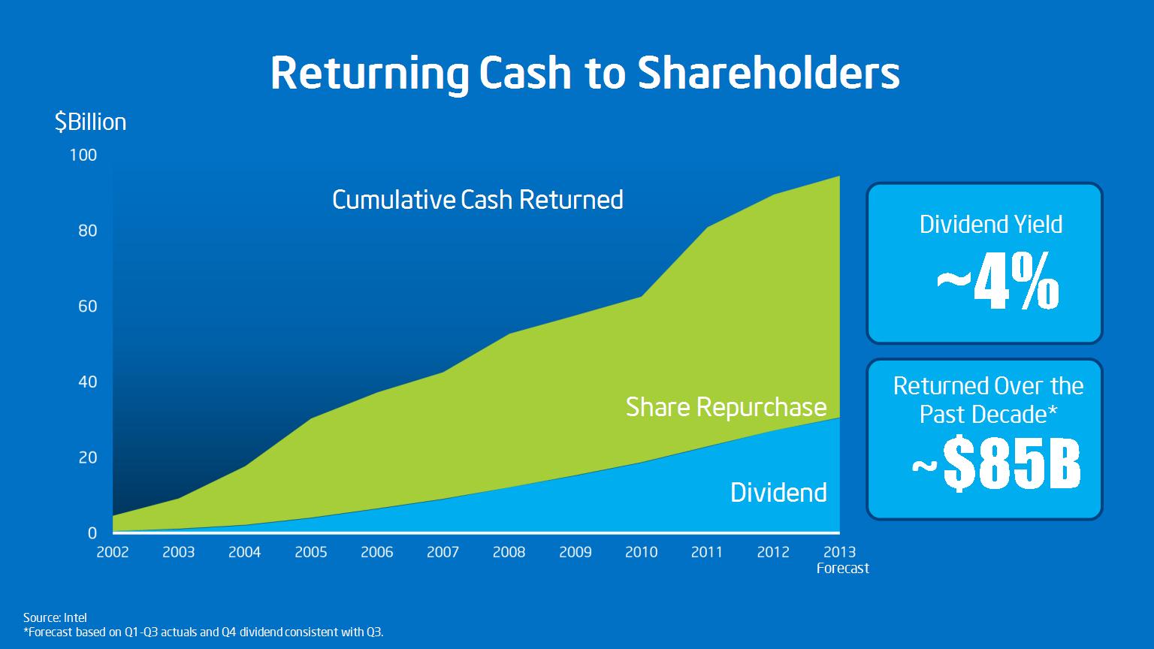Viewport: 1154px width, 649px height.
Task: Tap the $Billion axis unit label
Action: click(x=90, y=122)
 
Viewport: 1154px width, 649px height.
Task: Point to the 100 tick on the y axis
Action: click(x=83, y=155)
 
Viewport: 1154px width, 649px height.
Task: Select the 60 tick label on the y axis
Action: click(x=88, y=306)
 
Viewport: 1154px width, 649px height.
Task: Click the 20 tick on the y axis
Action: click(x=88, y=457)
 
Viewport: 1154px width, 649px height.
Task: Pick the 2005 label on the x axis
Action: click(x=310, y=552)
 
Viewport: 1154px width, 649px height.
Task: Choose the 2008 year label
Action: click(x=509, y=552)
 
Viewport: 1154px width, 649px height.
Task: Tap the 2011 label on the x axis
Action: click(x=707, y=552)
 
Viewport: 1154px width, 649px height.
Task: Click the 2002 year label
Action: click(x=113, y=552)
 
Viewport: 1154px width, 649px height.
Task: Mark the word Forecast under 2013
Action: click(x=843, y=568)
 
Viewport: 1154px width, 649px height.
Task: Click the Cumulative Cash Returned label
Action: click(x=478, y=200)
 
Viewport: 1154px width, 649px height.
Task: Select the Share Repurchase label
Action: click(x=726, y=407)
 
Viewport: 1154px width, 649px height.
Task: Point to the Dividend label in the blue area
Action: click(x=778, y=493)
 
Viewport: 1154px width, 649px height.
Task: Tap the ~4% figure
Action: click(x=998, y=281)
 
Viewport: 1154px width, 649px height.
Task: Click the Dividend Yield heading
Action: click(x=991, y=225)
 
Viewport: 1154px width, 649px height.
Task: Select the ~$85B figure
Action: click(x=996, y=462)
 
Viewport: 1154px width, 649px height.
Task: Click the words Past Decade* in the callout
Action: click(x=989, y=414)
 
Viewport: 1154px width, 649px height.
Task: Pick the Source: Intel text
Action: click(x=55, y=617)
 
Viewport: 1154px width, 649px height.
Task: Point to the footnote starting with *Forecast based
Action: click(x=204, y=632)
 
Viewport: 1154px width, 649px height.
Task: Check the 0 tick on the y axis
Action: click(x=92, y=533)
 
